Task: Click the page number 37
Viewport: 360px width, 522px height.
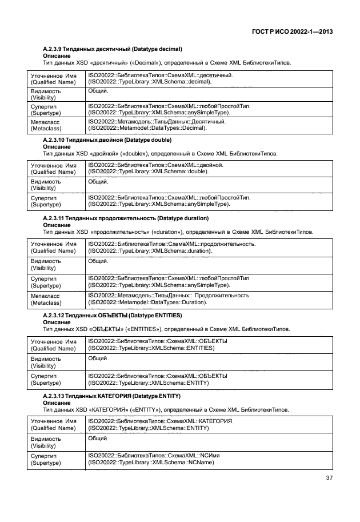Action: (329, 478)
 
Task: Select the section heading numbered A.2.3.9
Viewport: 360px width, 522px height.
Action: (113, 50)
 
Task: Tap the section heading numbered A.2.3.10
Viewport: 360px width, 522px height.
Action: (108, 140)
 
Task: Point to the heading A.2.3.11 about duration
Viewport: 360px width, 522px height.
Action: (126, 218)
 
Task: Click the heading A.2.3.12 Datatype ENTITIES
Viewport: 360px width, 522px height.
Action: (113, 315)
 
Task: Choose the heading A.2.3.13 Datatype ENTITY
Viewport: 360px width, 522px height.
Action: (112, 395)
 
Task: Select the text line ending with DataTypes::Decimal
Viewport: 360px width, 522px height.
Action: (147, 128)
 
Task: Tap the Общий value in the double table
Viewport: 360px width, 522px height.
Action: (98, 181)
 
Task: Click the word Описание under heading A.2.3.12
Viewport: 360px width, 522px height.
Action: (57, 322)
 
